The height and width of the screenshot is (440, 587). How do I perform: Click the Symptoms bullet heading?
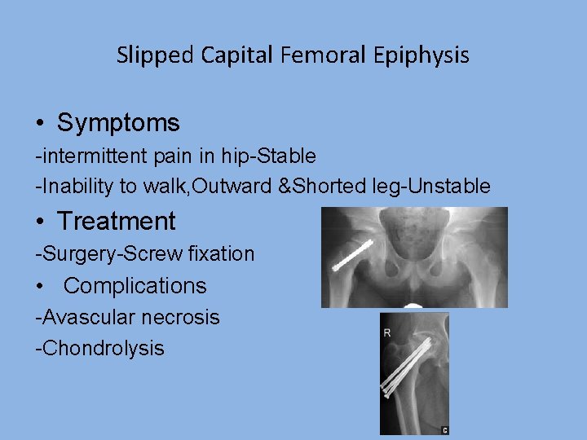pyautogui.click(x=118, y=123)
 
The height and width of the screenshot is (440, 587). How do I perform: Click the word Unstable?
pyautogui.click(x=453, y=187)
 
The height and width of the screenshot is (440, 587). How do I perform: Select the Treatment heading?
pyautogui.click(x=117, y=221)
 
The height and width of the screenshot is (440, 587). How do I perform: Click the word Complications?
pyautogui.click(x=135, y=286)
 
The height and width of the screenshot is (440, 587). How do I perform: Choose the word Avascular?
pyautogui.click(x=86, y=317)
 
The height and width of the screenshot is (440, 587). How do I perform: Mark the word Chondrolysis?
pyautogui.click(x=103, y=349)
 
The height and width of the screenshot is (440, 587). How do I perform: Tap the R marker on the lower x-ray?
pyautogui.click(x=387, y=332)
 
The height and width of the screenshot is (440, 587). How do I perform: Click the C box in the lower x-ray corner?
pyautogui.click(x=444, y=429)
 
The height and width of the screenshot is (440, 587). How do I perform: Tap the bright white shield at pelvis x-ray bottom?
pyautogui.click(x=413, y=306)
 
